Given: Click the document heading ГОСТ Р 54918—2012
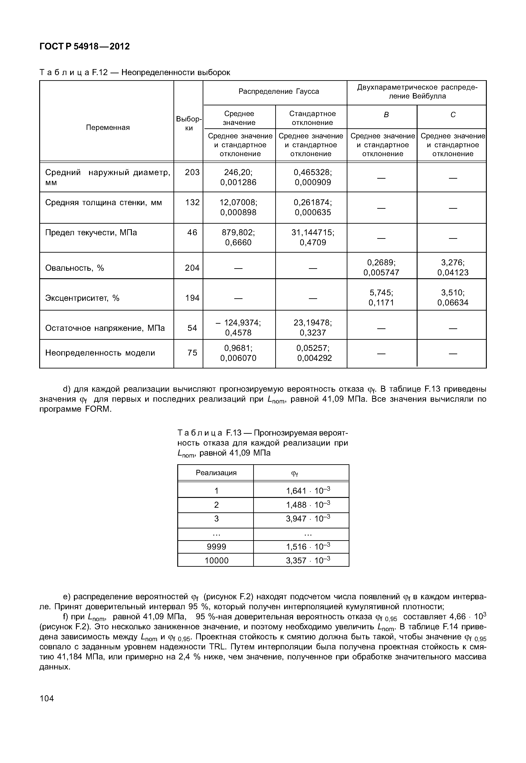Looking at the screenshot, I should (x=85, y=47).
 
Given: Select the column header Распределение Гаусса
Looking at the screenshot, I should (x=279, y=91).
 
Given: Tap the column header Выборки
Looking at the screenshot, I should (x=189, y=123).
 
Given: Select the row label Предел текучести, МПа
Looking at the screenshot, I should (x=91, y=233).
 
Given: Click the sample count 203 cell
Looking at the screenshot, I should (x=192, y=172).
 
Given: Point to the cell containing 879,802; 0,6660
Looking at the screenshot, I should (x=238, y=238).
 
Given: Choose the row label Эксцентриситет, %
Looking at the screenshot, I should (x=82, y=298).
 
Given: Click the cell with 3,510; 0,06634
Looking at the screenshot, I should (x=453, y=298).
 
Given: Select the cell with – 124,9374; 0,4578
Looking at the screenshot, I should (x=238, y=328).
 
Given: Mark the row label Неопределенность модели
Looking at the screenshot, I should (x=100, y=353).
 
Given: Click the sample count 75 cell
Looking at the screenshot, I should (x=192, y=353).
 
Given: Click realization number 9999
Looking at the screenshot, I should (x=216, y=547).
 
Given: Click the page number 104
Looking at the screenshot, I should (x=47, y=698).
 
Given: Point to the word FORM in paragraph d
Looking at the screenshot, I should (x=98, y=409).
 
